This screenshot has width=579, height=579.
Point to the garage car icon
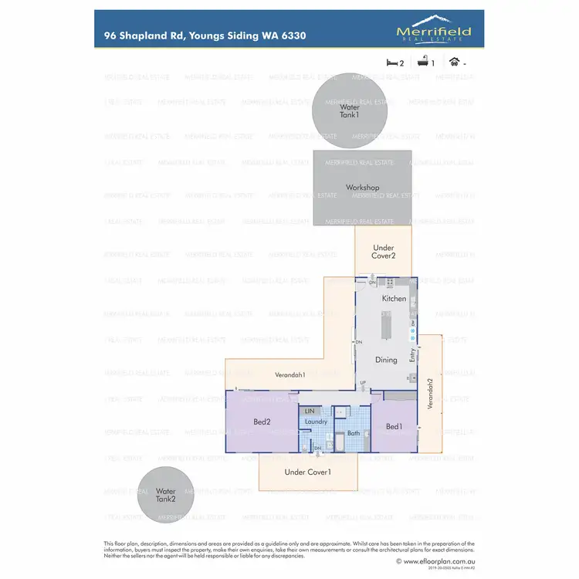tap(455, 63)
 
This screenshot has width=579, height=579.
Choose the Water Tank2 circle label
tap(166, 495)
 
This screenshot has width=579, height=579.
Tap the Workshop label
tap(362, 188)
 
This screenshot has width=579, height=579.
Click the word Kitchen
tap(394, 298)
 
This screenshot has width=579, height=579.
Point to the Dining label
tap(386, 360)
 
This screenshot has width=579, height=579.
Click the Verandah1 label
tap(290, 374)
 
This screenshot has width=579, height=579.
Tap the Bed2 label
tap(262, 422)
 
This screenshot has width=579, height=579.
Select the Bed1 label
tap(394, 426)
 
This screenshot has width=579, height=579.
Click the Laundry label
tap(317, 422)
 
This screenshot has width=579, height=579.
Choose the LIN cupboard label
tap(310, 411)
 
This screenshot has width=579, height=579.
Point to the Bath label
tap(354, 433)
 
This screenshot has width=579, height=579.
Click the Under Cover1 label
tap(307, 472)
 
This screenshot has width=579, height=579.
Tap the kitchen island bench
tap(387, 324)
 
